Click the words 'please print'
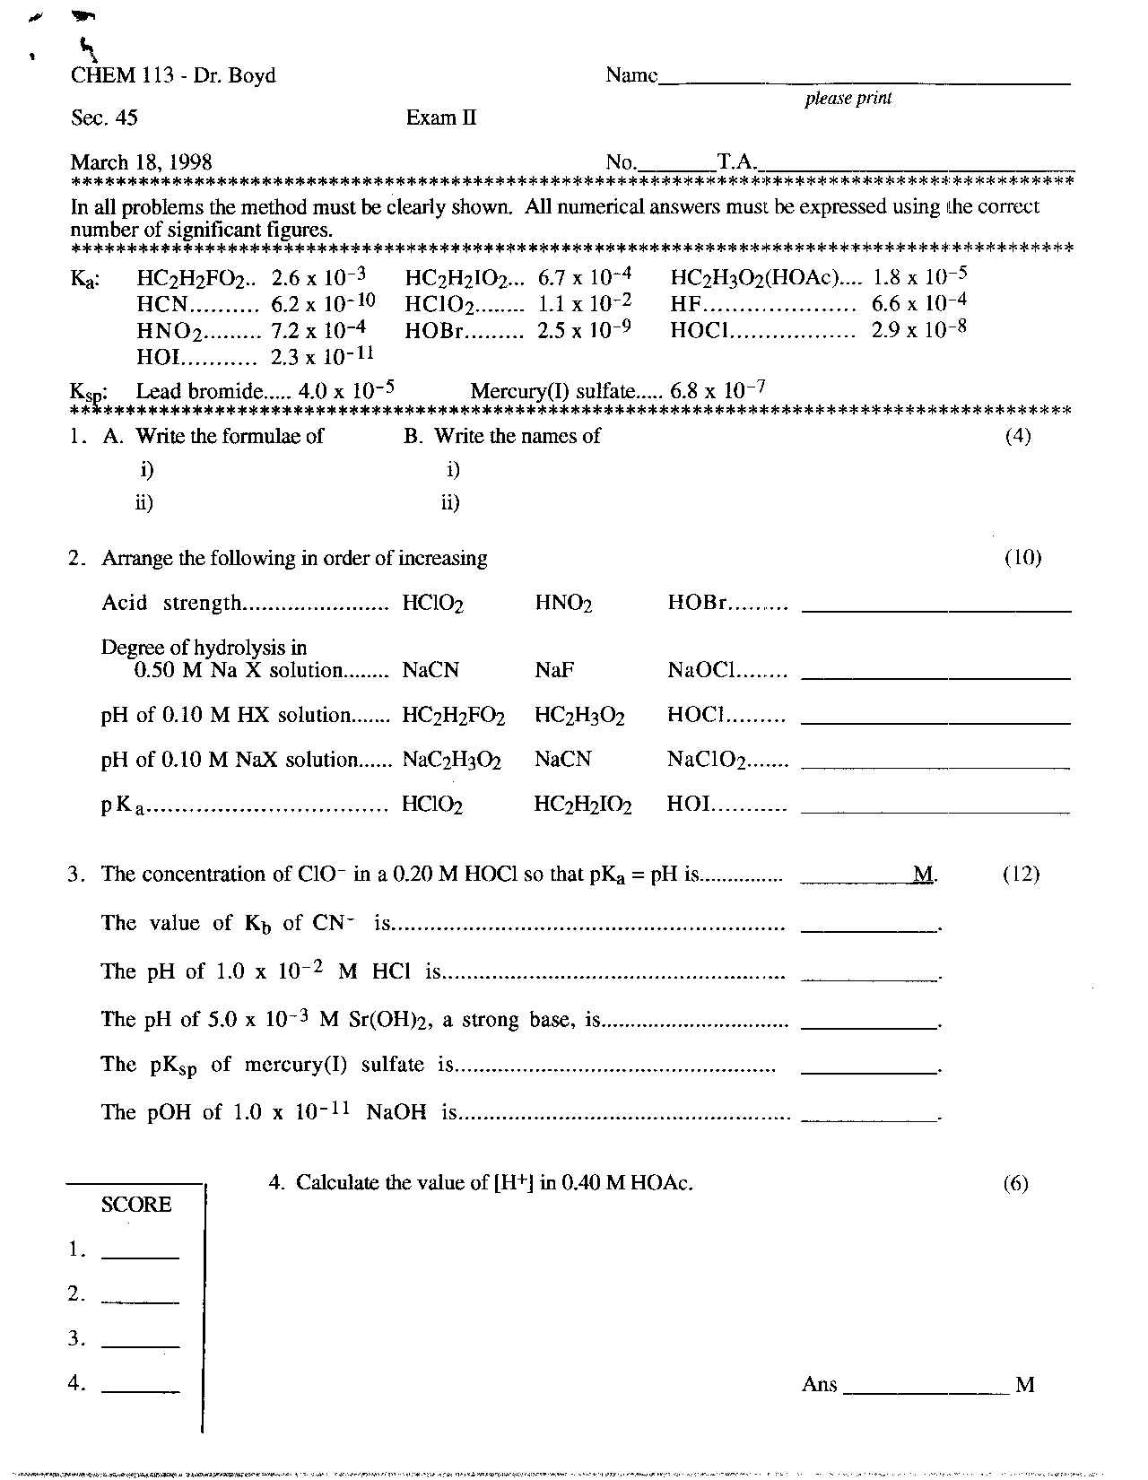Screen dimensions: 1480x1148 pyautogui.click(x=848, y=99)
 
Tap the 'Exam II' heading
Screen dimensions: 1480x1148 pyautogui.click(x=440, y=118)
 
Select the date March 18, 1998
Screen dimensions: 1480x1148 pyautogui.click(x=141, y=162)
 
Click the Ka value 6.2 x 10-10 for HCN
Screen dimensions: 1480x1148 pyautogui.click(x=323, y=303)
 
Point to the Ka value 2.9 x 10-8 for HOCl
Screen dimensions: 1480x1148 pyautogui.click(x=918, y=329)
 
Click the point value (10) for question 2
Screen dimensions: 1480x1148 pyautogui.click(x=1022, y=558)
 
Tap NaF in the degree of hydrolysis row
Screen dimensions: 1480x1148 pyautogui.click(x=554, y=670)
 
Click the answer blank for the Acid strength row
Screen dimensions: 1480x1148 pyautogui.click(x=935, y=609)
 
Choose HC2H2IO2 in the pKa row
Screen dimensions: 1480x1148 pyautogui.click(x=583, y=805)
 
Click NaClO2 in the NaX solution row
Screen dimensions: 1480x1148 pyautogui.click(x=707, y=760)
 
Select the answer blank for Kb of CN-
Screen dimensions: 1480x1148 pyautogui.click(x=868, y=929)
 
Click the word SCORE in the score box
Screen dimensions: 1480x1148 pyautogui.click(x=135, y=1205)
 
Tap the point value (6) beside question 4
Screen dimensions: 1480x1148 pyautogui.click(x=1015, y=1184)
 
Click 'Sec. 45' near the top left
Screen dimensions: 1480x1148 pyautogui.click(x=104, y=118)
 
